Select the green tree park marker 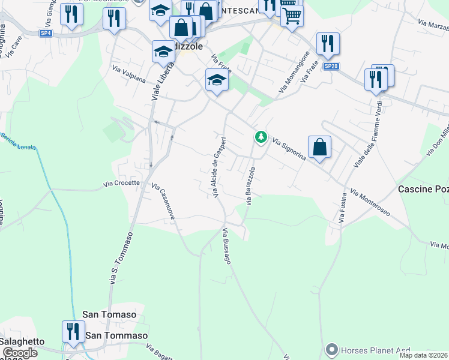click(x=261, y=137)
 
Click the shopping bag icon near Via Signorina click(x=320, y=148)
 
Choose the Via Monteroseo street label click(x=370, y=203)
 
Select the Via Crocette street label click(x=121, y=183)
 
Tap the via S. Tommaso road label click(x=120, y=259)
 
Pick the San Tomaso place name click(x=109, y=314)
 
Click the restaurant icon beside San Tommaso click(x=73, y=332)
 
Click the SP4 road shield click(x=46, y=33)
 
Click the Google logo click(x=19, y=353)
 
